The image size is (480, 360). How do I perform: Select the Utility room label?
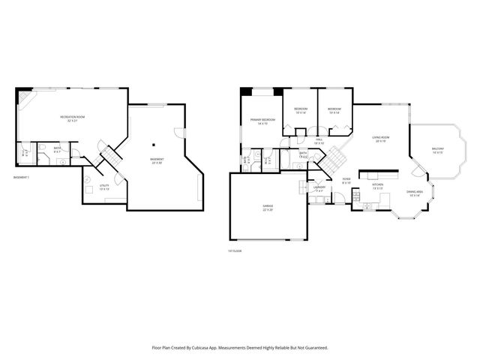[104, 187]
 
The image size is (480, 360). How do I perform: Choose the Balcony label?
[438, 151]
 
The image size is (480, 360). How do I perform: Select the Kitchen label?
[378, 186]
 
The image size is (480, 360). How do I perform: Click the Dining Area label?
[415, 193]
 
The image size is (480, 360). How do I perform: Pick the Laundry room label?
[319, 190]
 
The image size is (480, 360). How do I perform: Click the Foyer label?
[346, 180]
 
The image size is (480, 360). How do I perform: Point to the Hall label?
[319, 141]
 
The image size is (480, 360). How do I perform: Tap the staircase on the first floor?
[332, 159]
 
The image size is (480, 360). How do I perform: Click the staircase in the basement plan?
[112, 157]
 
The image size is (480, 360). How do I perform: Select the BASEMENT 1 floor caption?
[22, 177]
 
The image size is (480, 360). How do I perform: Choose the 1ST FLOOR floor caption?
[235, 251]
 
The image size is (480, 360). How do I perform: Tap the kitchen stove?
[373, 174]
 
